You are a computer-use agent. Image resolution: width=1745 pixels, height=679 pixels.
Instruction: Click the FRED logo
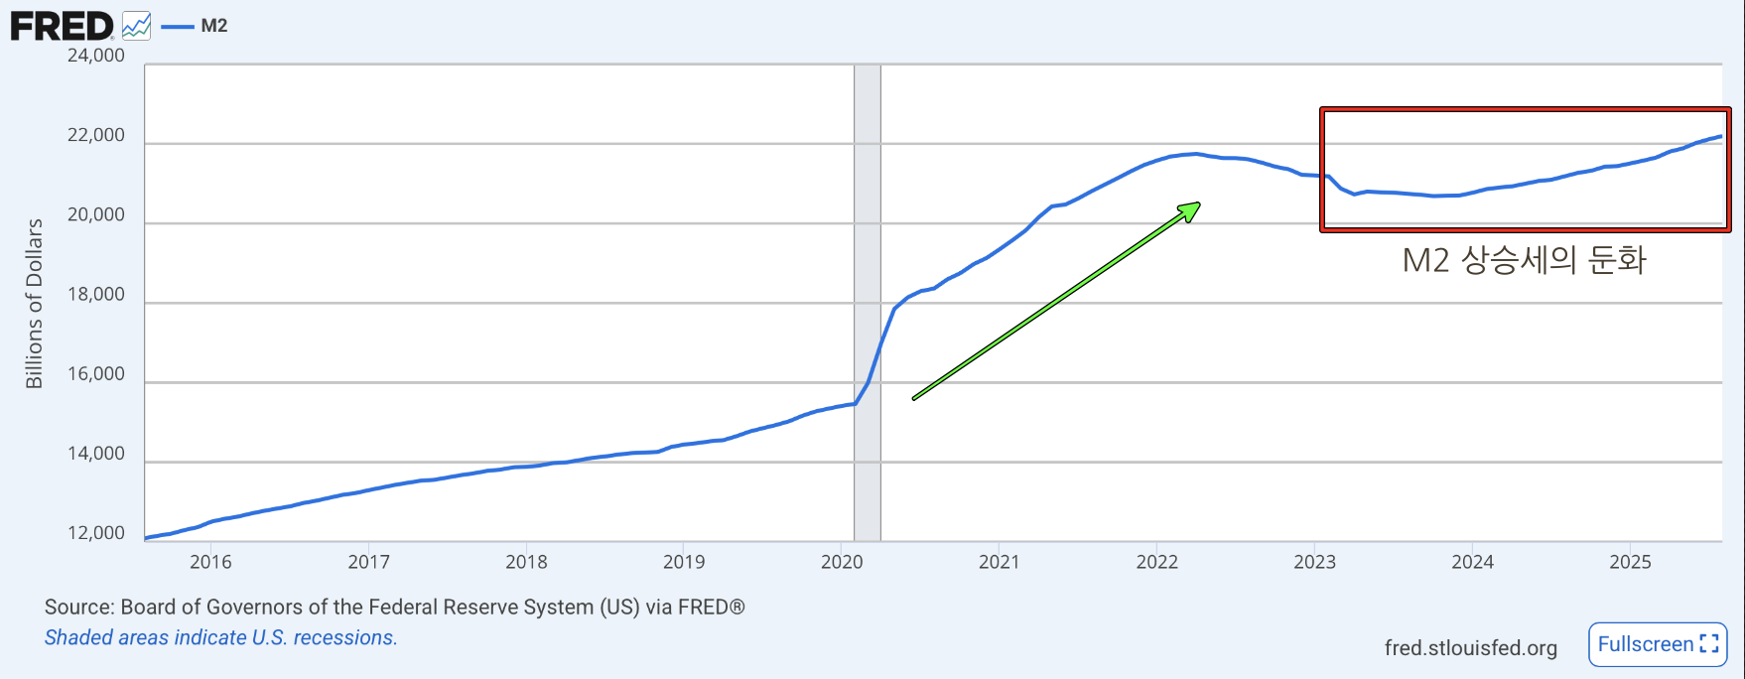[x=62, y=26]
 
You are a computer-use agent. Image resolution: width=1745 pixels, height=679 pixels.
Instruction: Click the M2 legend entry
[x=213, y=26]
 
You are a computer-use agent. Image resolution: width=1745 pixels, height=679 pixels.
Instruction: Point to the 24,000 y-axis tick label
[x=96, y=56]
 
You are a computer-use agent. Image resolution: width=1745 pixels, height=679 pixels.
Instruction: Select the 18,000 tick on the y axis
[x=96, y=294]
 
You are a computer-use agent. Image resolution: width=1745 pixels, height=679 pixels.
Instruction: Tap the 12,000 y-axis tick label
[x=96, y=533]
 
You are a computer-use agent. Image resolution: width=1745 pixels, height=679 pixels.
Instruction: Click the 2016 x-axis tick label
[x=210, y=562]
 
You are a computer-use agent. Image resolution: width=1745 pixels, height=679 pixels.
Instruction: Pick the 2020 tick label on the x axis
[x=842, y=562]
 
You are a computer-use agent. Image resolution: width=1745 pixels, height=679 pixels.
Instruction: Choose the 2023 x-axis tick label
[x=1314, y=562]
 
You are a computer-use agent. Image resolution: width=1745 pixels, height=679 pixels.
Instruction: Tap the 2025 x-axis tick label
[x=1630, y=562]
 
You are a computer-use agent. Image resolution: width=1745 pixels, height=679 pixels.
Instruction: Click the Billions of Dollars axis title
[x=35, y=303]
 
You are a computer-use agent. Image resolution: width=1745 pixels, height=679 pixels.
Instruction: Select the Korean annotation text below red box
[x=1524, y=260]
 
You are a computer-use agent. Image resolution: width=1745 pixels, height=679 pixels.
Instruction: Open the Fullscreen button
[x=1658, y=644]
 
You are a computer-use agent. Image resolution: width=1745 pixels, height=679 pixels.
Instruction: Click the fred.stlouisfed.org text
[x=1470, y=648]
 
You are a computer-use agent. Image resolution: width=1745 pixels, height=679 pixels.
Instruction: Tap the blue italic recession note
[x=220, y=637]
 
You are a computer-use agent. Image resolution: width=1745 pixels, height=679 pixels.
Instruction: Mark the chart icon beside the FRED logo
[x=137, y=26]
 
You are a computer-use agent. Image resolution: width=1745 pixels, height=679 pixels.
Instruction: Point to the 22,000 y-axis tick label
[x=96, y=135]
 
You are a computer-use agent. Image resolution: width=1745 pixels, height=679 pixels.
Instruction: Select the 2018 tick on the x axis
[x=526, y=562]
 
